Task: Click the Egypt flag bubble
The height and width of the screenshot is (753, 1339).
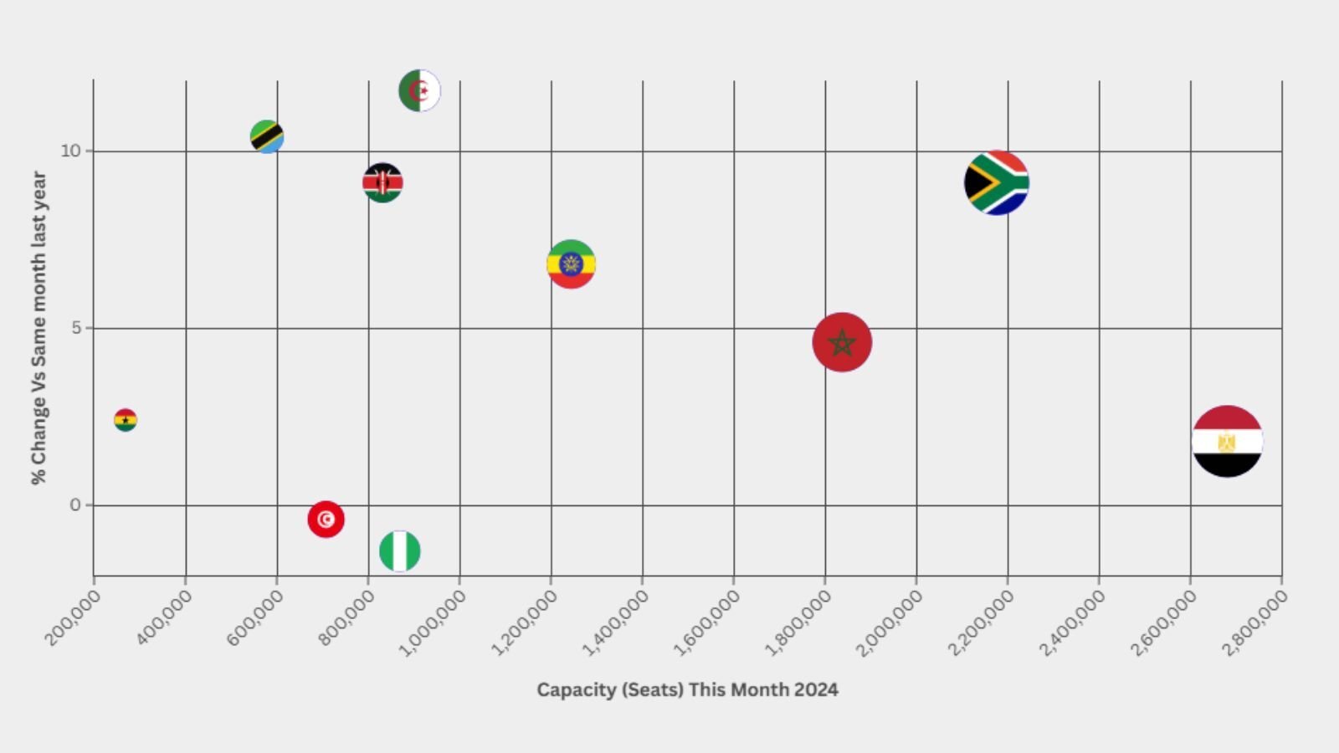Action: point(1227,441)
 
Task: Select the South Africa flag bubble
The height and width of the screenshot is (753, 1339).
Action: point(996,182)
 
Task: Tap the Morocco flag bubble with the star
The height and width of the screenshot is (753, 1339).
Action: point(842,342)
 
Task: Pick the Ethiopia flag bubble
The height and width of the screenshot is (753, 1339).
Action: point(571,264)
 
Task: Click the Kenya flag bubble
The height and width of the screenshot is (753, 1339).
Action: point(382,182)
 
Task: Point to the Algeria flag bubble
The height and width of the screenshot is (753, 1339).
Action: point(419,90)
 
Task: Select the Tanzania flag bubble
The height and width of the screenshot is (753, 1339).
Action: point(267,136)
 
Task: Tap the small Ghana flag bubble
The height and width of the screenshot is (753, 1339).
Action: point(126,420)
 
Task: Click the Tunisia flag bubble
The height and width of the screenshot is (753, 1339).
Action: point(326,520)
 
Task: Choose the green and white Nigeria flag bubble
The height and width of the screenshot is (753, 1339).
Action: point(400,551)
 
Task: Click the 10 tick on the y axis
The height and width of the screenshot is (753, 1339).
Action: point(70,151)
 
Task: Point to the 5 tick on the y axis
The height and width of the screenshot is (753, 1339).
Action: point(76,328)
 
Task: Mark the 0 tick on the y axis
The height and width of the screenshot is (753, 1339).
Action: point(76,505)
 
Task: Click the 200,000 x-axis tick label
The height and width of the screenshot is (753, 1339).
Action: point(74,617)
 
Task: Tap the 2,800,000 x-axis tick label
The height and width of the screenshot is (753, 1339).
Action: point(1254,622)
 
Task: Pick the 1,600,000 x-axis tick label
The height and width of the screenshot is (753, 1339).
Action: point(707,622)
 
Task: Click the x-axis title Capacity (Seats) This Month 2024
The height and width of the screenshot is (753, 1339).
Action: point(687,690)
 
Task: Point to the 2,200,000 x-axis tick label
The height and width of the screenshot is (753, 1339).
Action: point(981,622)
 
